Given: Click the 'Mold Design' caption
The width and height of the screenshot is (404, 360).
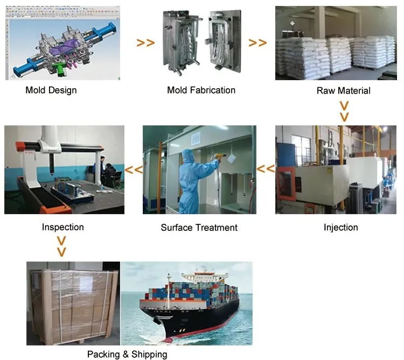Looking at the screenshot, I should pos(51,90).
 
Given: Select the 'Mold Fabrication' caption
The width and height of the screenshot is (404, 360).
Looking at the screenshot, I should pos(201,90).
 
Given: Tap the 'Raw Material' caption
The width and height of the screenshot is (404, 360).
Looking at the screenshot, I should pos(343,90).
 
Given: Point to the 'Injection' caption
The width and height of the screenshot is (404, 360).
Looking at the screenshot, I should pos(340,227).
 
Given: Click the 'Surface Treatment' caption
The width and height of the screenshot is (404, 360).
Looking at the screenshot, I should pos(199,228).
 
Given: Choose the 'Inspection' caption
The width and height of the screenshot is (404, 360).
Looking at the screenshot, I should pos(63,227).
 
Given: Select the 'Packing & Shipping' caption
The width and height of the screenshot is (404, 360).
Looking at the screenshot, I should pos(127,354).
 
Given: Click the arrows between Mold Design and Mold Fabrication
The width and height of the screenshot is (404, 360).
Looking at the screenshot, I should pos(145,43).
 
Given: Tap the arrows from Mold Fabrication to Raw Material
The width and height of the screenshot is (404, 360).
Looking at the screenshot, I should pos(257,43).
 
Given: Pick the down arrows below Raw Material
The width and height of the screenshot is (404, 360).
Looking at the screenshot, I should pos(344,110).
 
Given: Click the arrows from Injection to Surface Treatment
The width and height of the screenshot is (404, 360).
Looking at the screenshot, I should pos(265,169).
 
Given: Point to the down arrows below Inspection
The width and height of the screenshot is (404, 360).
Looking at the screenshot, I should pos(62,246).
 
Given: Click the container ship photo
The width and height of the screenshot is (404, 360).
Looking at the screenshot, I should pos(186,303).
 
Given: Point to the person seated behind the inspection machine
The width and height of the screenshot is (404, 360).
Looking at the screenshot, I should pos(109,173).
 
